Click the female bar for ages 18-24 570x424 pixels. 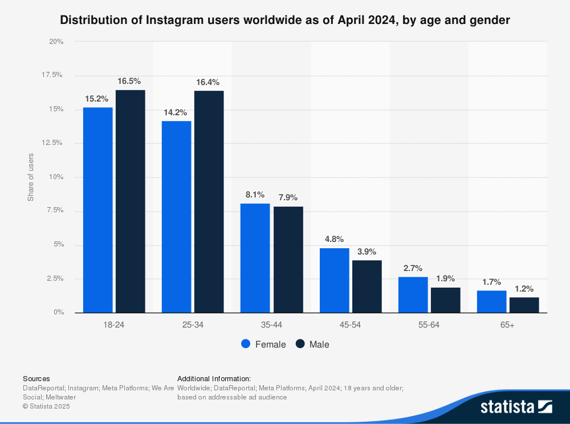pyautogui.click(x=97, y=209)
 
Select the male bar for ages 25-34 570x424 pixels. pyautogui.click(x=209, y=201)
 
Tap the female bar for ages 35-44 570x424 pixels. pyautogui.click(x=255, y=258)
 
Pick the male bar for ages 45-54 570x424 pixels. pyautogui.click(x=367, y=286)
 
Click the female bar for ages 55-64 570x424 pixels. pyautogui.click(x=413, y=294)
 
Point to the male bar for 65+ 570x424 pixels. pyautogui.click(x=524, y=305)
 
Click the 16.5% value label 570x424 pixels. pyautogui.click(x=129, y=81)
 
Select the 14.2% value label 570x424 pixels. pyautogui.click(x=176, y=112)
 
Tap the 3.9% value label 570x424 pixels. pyautogui.click(x=367, y=252)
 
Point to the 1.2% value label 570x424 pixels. pyautogui.click(x=524, y=289)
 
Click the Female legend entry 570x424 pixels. pyautogui.click(x=263, y=344)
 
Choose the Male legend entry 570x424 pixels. pyautogui.click(x=313, y=344)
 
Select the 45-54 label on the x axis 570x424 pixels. pyautogui.click(x=350, y=324)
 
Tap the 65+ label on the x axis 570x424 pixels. pyautogui.click(x=507, y=324)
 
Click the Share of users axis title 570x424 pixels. pyautogui.click(x=31, y=177)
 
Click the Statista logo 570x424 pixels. pyautogui.click(x=516, y=406)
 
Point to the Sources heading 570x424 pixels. pyautogui.click(x=36, y=378)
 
